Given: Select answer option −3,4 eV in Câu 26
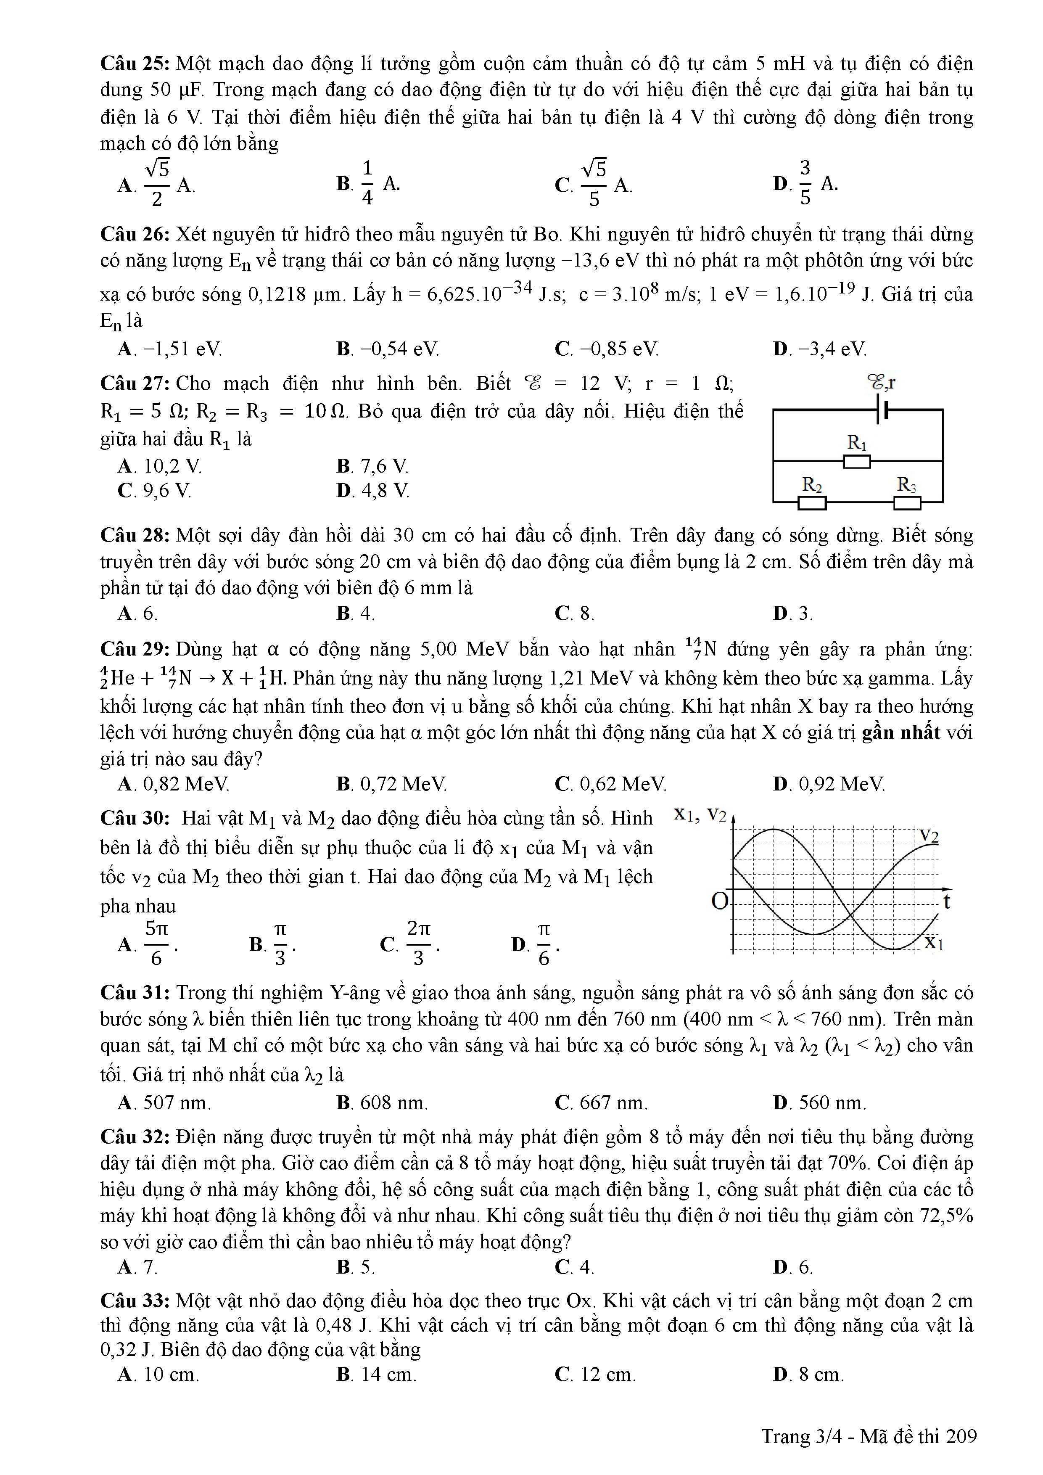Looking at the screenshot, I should tap(820, 349).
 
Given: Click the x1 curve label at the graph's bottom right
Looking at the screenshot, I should tap(933, 943).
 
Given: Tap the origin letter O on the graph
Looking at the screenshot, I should tap(720, 901).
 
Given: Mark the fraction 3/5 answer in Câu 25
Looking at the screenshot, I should tap(805, 184).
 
